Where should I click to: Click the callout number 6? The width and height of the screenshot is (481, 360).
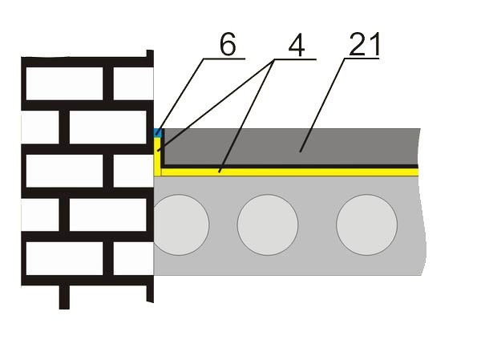228,44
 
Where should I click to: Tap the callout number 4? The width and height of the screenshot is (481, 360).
297,44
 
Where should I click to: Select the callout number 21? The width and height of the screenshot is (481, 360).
365,44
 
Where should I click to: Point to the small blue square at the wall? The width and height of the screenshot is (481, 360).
157,133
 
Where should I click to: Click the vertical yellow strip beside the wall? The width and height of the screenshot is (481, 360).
157,156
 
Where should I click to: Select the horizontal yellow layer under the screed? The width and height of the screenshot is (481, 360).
289,172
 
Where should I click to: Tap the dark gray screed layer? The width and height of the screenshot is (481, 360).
292,147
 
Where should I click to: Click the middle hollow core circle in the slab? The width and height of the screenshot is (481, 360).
268,224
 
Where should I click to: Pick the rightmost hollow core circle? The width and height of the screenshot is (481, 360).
366,224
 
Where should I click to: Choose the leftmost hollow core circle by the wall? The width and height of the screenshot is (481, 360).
181,224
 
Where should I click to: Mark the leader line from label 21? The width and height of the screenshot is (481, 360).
322,105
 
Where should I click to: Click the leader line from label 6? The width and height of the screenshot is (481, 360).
180,97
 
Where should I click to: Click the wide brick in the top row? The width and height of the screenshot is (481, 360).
64,83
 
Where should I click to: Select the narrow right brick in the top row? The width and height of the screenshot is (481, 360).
133,83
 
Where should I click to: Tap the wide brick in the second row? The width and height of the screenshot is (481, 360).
108,127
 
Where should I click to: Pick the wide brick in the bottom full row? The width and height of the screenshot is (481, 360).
64,258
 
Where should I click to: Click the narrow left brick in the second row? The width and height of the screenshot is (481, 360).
40,127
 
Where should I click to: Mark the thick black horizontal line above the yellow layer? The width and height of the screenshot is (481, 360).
290,166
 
